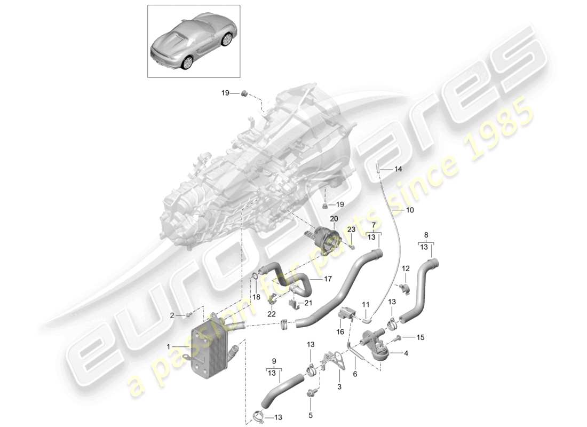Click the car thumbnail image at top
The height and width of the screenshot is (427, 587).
coord(193,41)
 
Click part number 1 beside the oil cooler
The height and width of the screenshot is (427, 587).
coord(169,346)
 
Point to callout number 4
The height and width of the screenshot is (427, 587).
coord(311,414)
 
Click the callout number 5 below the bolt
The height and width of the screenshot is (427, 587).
coord(355,374)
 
